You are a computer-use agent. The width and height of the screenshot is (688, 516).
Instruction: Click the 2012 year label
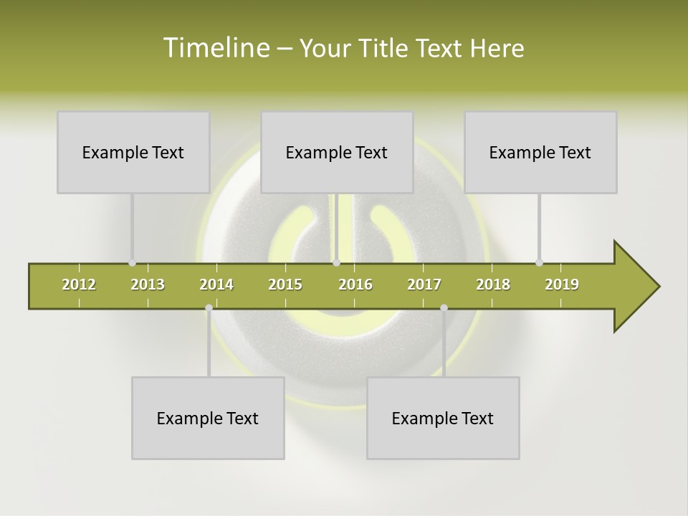(x=79, y=285)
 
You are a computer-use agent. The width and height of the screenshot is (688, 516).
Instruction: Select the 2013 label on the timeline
(x=148, y=285)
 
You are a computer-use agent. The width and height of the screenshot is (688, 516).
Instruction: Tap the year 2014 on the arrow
(x=216, y=285)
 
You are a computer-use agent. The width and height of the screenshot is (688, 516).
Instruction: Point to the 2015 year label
(x=285, y=285)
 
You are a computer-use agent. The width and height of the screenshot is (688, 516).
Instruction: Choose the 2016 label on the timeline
(x=355, y=285)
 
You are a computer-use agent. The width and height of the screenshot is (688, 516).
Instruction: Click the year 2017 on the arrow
(x=424, y=285)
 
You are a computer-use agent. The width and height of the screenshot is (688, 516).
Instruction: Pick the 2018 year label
(x=493, y=285)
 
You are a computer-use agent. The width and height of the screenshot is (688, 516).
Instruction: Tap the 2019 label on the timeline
(x=562, y=285)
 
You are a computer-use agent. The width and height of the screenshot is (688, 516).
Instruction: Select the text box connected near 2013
(x=133, y=152)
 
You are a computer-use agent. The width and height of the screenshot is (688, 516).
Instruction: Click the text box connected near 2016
(x=337, y=152)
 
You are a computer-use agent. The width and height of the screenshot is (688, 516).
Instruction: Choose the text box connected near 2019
(x=540, y=152)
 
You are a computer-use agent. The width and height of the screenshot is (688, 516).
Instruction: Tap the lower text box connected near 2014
(x=208, y=418)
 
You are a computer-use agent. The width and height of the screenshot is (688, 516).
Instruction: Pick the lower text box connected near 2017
(x=443, y=418)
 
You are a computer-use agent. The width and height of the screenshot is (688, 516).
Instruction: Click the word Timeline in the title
(x=215, y=48)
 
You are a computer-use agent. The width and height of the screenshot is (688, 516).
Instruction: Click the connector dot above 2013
(x=132, y=262)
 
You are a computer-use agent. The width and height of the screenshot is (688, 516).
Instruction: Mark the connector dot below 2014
(x=209, y=307)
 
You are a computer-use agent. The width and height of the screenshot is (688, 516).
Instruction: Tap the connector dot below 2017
(x=444, y=307)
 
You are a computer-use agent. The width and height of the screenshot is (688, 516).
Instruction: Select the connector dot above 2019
(x=539, y=262)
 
